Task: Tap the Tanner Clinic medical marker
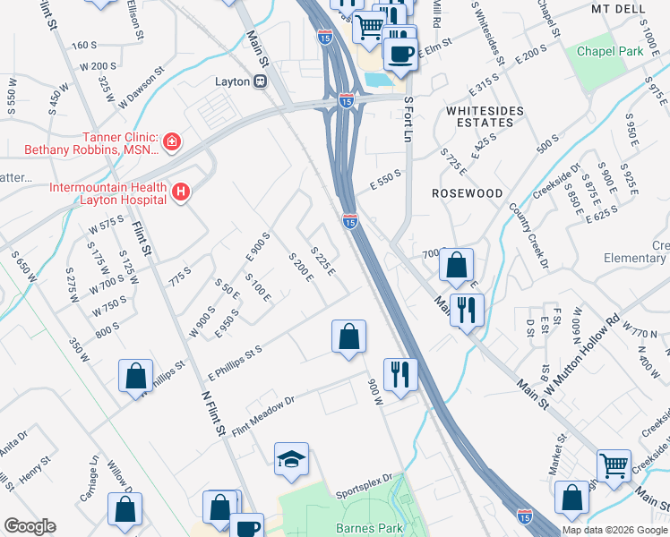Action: [171, 141]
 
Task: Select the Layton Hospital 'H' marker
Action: [182, 191]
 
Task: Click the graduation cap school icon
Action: [291, 460]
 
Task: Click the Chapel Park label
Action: [610, 51]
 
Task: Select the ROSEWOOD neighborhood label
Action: [467, 192]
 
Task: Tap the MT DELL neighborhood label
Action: [618, 8]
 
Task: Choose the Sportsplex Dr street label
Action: [364, 481]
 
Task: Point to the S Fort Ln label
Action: [410, 120]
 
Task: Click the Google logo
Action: [30, 526]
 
